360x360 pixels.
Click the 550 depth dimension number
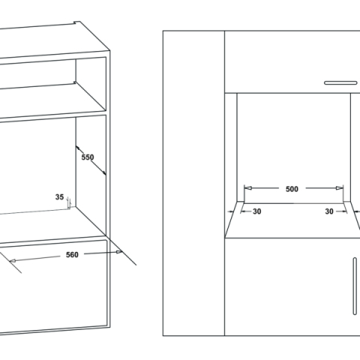87,159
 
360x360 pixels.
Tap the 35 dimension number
59,197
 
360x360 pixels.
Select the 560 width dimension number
71,255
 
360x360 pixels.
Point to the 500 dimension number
292,189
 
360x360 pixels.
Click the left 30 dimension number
256,211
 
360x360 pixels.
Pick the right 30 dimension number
329,211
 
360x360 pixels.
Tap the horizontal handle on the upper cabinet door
343,81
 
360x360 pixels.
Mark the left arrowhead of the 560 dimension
13,262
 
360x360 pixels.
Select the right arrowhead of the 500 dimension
343,189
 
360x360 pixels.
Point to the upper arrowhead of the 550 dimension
78,146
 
